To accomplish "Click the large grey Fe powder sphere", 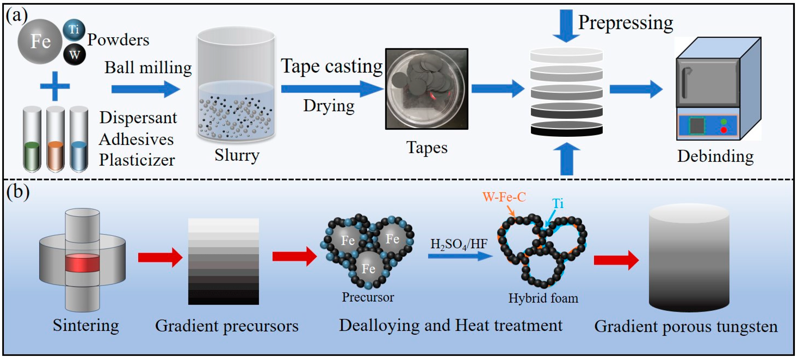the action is pos(40,41).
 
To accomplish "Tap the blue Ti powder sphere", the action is pos(74,30).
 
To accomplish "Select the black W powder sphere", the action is pos(74,55).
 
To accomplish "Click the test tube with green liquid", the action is pos(32,140).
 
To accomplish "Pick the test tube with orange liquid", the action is pos(56,140).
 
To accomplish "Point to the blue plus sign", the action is pos(55,86).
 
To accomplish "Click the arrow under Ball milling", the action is pos(145,89).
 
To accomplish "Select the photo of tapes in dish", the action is pos(426,89).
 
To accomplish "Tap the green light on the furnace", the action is pos(724,121).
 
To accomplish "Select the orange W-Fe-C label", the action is pos(504,197).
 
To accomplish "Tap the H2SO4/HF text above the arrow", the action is pos(458,244).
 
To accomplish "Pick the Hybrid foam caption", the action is pos(543,298).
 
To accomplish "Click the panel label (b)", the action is pos(18,192).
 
